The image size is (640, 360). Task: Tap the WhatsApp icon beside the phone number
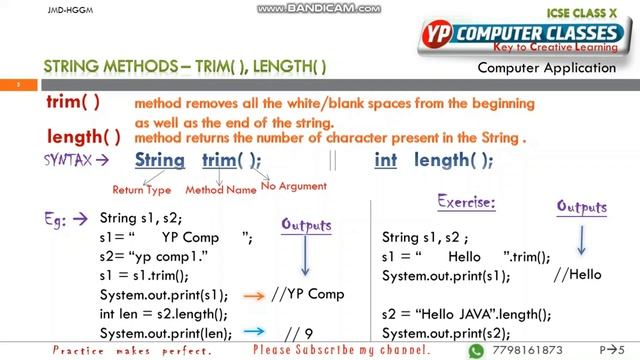pos(476,351)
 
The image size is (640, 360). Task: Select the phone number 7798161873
pos(527,351)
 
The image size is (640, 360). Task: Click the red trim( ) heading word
pos(73,102)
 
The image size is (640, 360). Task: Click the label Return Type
pos(141,189)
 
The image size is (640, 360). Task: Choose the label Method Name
pos(220,189)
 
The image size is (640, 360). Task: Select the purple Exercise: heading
pos(466,202)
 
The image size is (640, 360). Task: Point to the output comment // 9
pos(299,333)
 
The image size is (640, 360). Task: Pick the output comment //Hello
pos(578,275)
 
